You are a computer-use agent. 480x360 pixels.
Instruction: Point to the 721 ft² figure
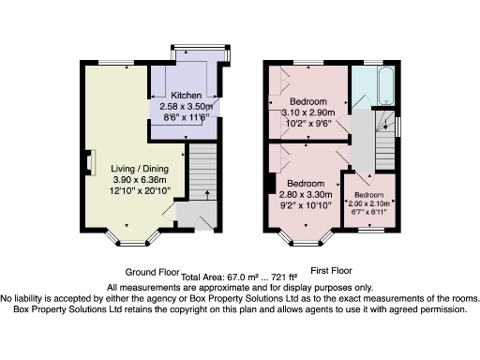[281, 277]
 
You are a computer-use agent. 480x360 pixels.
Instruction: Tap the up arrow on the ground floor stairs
[204, 195]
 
